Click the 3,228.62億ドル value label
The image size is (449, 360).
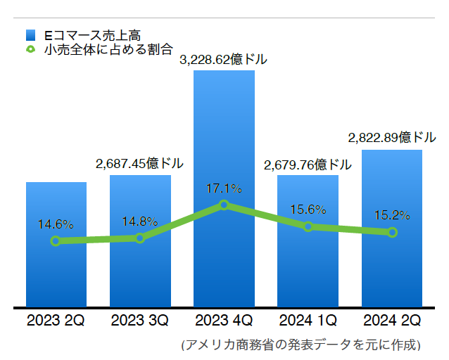pyautogui.click(x=224, y=60)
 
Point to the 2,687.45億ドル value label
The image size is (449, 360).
pyautogui.click(x=139, y=164)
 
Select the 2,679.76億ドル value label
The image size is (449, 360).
pyautogui.click(x=308, y=165)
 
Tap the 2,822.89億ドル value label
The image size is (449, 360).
pyautogui.click(x=391, y=138)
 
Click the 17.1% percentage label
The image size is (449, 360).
pyautogui.click(x=224, y=188)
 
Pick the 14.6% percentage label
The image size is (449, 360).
pyautogui.click(x=56, y=225)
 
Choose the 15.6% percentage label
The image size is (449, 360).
pyautogui.click(x=308, y=209)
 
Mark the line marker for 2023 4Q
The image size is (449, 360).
pyautogui.click(x=224, y=205)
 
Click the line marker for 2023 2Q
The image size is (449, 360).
pyautogui.click(x=56, y=241)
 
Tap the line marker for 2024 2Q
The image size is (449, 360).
pyautogui.click(x=392, y=232)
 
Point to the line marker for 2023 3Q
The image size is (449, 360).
pyautogui.click(x=139, y=238)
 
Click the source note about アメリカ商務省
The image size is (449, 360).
pyautogui.click(x=301, y=345)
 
